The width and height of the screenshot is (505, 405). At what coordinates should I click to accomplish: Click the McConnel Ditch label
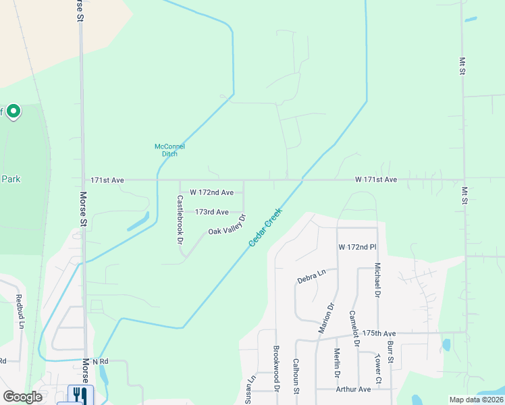tap(169, 150)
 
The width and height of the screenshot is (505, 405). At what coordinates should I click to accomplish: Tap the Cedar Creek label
tap(265, 227)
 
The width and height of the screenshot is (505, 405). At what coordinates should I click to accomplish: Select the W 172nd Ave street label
tap(211, 193)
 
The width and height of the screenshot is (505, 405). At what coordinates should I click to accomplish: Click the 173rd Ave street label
tap(211, 212)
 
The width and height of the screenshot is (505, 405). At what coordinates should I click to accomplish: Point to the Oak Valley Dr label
tap(228, 227)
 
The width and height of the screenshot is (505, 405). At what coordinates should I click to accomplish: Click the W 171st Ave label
tap(376, 180)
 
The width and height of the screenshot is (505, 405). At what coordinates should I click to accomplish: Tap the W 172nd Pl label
tap(356, 248)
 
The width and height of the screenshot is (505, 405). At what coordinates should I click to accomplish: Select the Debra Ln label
tap(312, 276)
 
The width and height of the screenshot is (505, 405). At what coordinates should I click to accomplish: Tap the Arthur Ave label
tap(354, 389)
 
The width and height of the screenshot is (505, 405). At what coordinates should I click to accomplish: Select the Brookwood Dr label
tap(277, 369)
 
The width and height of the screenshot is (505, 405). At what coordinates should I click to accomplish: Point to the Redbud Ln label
tap(20, 311)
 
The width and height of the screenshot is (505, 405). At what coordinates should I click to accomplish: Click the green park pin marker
tap(14, 111)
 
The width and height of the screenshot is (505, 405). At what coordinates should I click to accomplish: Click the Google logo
tap(23, 397)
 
